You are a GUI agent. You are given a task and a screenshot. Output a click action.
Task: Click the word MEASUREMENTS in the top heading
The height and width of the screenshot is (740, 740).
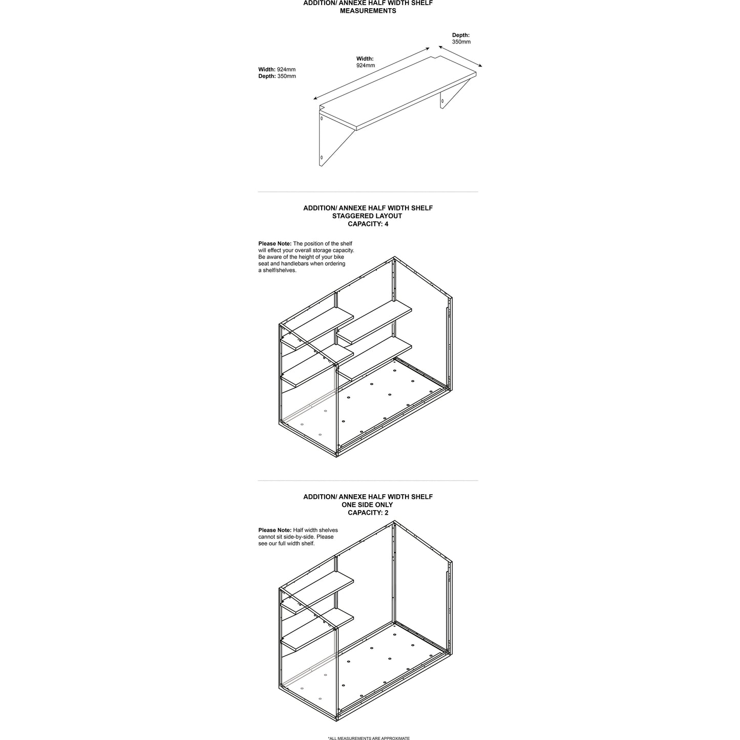(x=368, y=11)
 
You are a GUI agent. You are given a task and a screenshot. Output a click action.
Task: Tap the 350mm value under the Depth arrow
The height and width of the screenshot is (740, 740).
(x=461, y=42)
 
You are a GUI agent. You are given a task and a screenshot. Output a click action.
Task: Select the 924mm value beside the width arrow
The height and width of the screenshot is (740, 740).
(x=366, y=66)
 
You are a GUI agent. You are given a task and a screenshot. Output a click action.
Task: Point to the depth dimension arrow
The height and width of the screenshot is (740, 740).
(x=460, y=55)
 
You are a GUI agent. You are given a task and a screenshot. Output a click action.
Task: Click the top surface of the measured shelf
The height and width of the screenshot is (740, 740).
(x=398, y=91)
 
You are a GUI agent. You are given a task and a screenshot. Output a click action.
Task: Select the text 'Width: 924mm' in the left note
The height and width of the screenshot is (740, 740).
(x=277, y=70)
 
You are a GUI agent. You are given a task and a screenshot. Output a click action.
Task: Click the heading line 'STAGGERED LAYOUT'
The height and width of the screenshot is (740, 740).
(x=368, y=216)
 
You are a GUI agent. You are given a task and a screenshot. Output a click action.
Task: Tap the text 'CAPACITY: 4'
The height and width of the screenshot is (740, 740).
(x=368, y=224)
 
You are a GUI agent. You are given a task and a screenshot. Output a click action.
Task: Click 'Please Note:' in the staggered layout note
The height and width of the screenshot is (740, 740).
(x=274, y=244)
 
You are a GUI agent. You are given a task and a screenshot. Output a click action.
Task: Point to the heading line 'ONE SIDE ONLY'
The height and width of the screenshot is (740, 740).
(x=368, y=505)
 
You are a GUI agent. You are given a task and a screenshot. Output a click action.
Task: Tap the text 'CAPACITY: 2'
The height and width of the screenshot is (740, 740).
(x=368, y=513)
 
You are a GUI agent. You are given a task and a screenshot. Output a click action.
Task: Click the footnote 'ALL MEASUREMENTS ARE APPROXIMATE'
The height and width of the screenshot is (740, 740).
(x=369, y=738)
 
